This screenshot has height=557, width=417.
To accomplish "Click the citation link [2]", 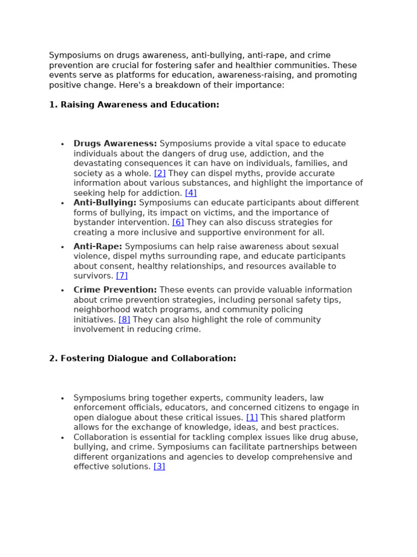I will [160, 173].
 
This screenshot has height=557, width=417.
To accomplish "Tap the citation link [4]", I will [191, 193].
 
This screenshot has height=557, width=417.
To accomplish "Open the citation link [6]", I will [178, 222].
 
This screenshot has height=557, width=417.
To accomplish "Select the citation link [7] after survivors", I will [122, 276].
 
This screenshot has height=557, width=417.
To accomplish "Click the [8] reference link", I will [124, 319].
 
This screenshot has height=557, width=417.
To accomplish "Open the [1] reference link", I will [252, 417].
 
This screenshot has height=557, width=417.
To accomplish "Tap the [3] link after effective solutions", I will [159, 466].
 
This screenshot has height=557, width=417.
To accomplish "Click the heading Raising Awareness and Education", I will [140, 104].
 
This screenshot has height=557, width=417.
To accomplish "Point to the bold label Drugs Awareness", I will [115, 144].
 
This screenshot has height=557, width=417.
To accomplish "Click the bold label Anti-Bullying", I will [105, 202].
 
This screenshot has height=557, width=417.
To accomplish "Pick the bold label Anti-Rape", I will [98, 246].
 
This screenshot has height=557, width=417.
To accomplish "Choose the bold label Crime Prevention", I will [115, 290].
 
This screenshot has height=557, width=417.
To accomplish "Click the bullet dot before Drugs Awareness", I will [62, 144].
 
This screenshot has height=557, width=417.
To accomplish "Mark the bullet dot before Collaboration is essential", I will [62, 438].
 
